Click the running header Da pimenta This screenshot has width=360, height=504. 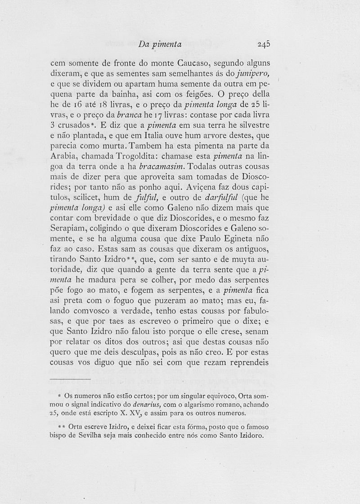tap(160, 44)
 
